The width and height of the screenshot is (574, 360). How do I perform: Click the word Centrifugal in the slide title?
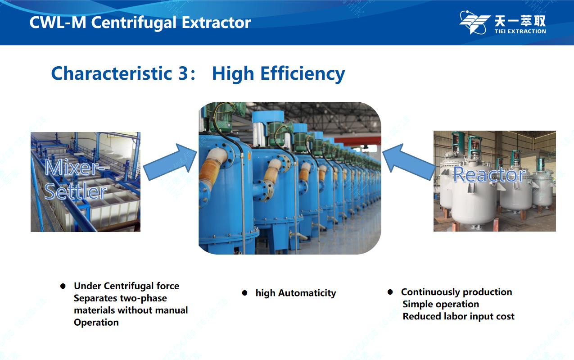point(134,23)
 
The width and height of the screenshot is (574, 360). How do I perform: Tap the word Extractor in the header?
point(216,23)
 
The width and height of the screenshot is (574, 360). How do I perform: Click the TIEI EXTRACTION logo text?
point(520,31)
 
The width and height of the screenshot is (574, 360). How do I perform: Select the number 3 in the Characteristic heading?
point(183,73)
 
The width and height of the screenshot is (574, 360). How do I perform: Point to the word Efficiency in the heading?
point(303,74)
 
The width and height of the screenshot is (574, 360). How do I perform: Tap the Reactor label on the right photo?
point(489,174)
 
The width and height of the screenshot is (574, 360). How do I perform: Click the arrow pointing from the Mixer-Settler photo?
point(170,162)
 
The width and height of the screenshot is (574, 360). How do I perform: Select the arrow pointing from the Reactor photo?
point(408,162)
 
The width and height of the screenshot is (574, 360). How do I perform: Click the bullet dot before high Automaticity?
point(244,293)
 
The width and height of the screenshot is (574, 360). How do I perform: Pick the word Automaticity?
point(307,293)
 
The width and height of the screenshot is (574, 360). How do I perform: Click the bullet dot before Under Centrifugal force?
point(63,286)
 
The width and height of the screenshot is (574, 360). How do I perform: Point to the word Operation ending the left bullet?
point(96,323)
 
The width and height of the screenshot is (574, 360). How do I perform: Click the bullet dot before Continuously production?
point(390,292)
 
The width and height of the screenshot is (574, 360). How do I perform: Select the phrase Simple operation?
point(441,305)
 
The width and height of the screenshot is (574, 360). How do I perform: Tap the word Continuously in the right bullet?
point(430,292)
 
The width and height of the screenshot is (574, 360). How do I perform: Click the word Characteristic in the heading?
point(112,73)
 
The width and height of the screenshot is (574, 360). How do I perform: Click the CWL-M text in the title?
point(58,23)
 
